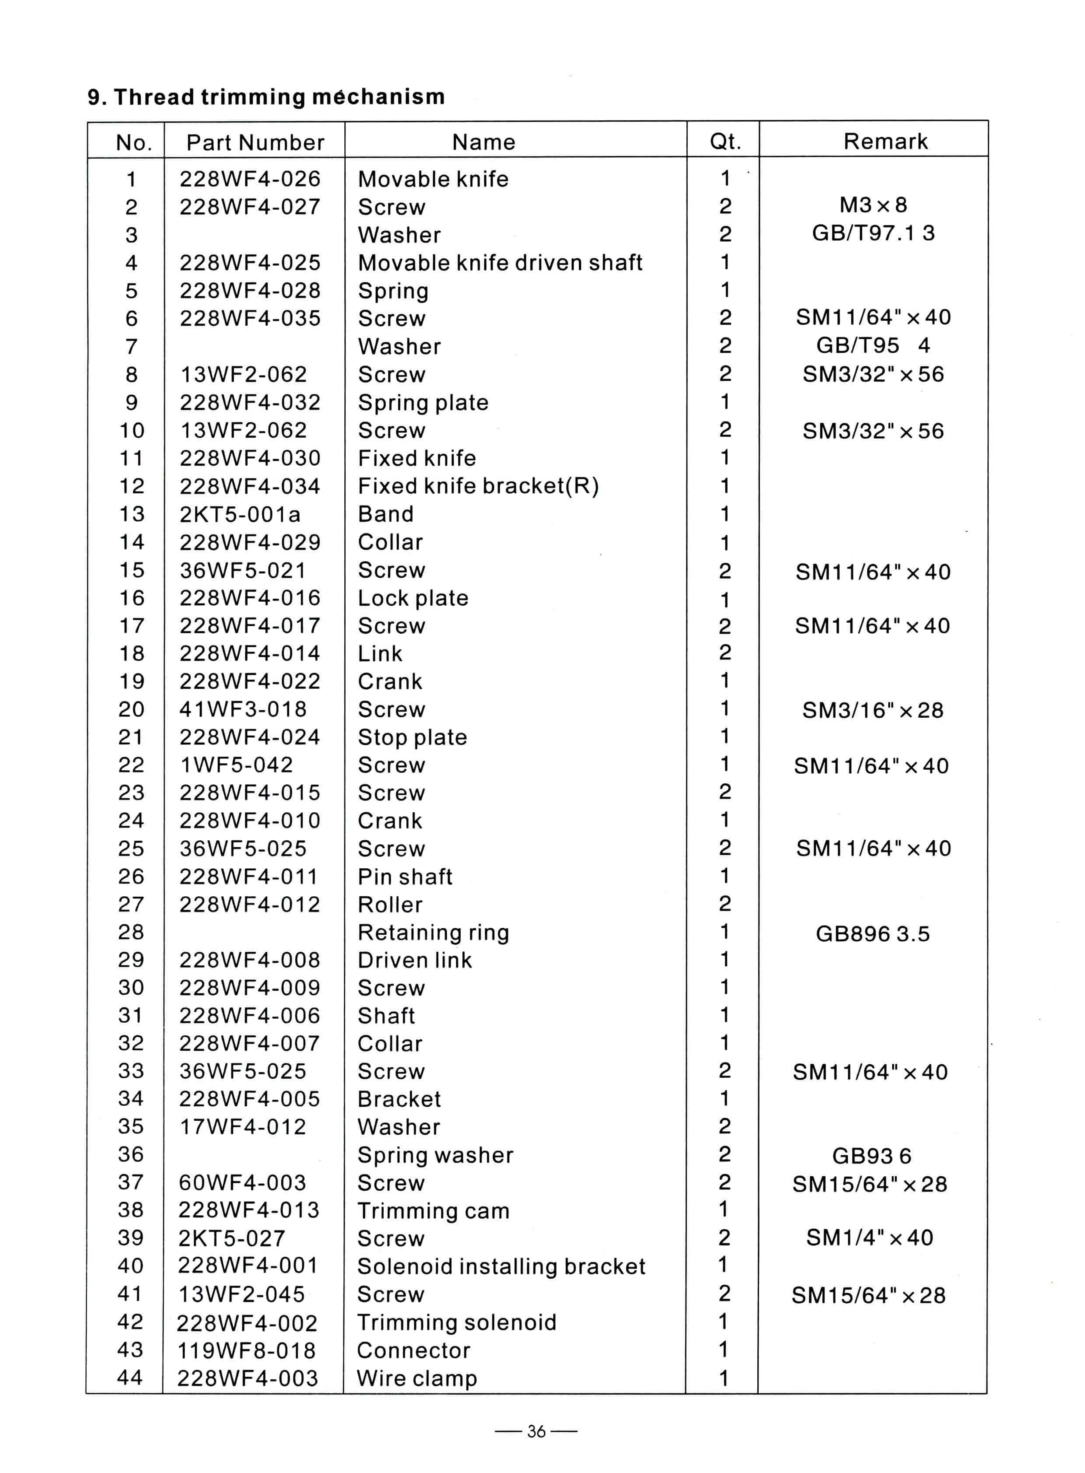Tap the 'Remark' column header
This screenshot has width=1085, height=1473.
coord(885,141)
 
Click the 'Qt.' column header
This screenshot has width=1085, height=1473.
coord(725,141)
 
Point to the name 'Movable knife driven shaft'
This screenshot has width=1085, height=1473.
coord(500,263)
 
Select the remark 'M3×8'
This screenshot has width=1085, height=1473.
coord(873,205)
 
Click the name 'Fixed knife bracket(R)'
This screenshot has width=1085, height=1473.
coord(478,486)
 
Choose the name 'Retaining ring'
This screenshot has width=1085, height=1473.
coord(434,932)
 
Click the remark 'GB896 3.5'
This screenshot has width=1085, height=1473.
coord(872,933)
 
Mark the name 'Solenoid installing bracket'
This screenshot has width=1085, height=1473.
coord(501,1266)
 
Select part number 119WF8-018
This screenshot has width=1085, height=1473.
coord(247,1350)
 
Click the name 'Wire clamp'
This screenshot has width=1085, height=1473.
coord(416,1378)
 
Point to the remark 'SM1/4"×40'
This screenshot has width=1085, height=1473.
coord(870,1238)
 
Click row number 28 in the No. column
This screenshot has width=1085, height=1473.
coord(131,932)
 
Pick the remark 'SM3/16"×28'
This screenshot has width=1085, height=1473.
coord(872,710)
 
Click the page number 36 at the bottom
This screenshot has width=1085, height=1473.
coord(536,1431)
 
